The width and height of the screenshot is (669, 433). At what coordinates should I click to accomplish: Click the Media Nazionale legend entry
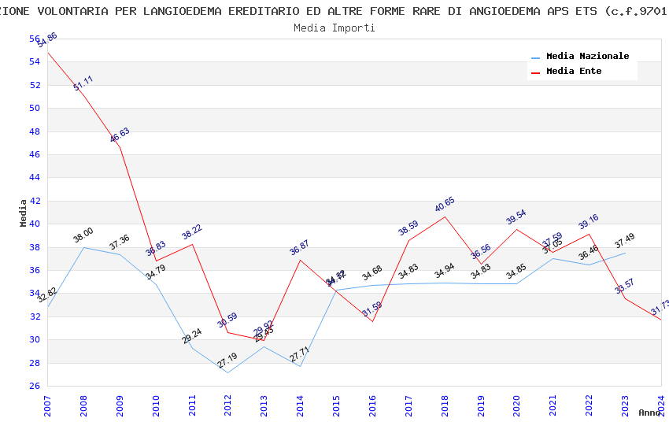(587, 56)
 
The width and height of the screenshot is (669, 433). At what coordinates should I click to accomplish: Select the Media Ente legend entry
(574, 71)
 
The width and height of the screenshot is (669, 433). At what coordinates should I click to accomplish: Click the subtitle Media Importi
(334, 28)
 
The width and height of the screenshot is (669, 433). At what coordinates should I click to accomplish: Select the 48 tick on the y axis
(35, 131)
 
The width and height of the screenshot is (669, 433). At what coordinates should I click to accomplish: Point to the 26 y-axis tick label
(35, 386)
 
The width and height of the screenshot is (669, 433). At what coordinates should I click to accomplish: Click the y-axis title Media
(23, 213)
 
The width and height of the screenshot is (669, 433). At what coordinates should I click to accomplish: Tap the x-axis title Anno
(649, 413)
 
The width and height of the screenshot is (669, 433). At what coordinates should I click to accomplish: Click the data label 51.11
(83, 83)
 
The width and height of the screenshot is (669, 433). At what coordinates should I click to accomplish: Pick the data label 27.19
(227, 361)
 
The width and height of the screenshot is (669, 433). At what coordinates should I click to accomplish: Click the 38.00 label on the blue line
(83, 235)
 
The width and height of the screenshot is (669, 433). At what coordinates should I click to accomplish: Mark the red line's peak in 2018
(445, 216)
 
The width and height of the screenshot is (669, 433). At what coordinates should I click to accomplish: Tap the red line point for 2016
(373, 321)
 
